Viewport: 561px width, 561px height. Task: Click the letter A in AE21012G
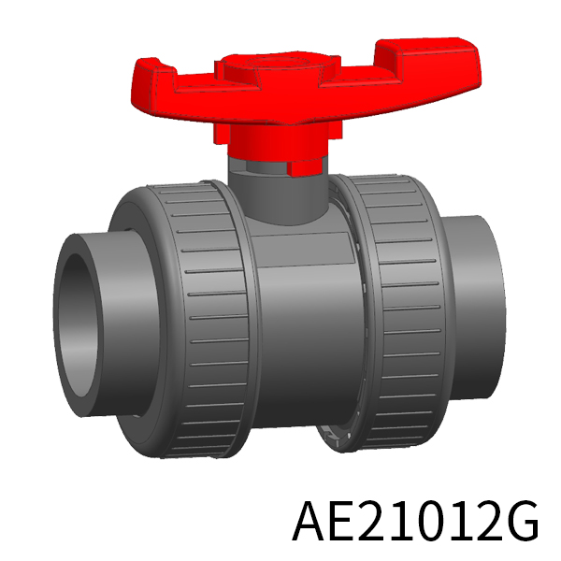pyautogui.click(x=310, y=520)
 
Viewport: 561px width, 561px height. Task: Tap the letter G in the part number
pyautogui.click(x=522, y=520)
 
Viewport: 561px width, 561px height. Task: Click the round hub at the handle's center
pyautogui.click(x=278, y=65)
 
